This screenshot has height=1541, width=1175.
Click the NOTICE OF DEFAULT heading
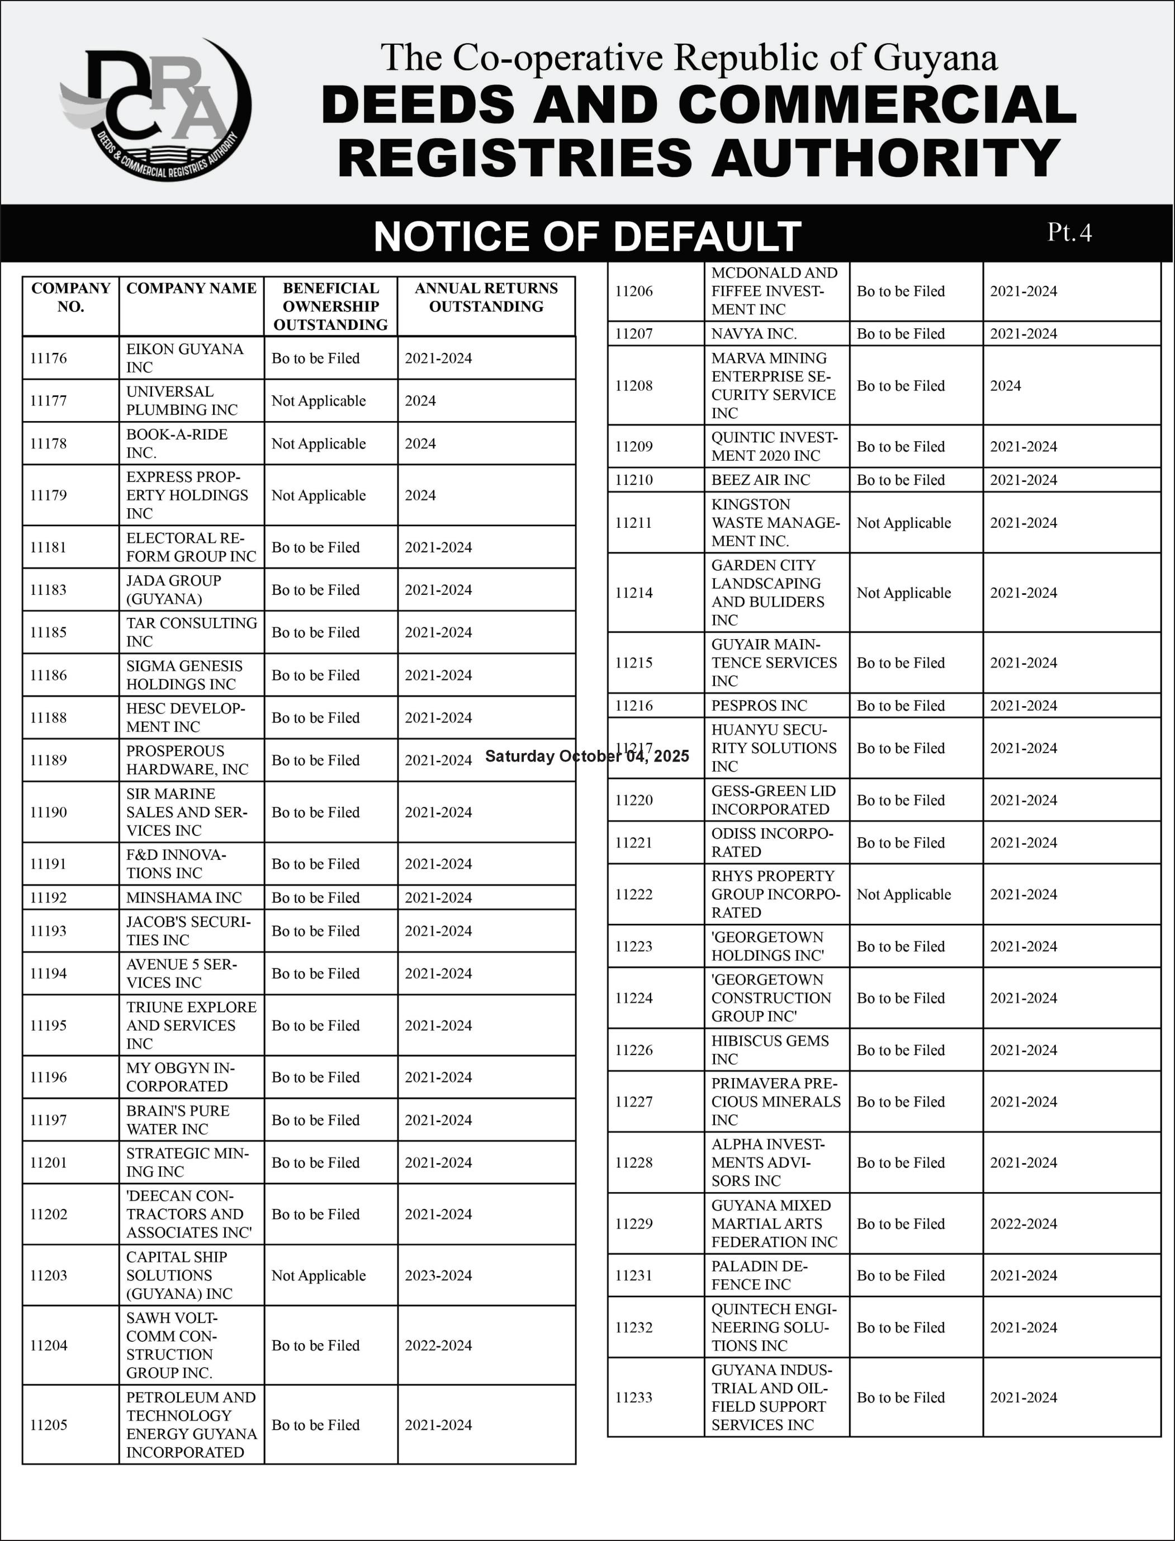tap(587, 236)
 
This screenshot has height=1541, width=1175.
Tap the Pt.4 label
tap(1069, 232)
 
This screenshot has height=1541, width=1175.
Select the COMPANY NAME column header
tap(191, 288)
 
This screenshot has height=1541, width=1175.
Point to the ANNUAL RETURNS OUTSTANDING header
tap(486, 297)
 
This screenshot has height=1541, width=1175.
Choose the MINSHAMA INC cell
tap(184, 897)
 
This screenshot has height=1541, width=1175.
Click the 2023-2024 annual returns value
tap(438, 1275)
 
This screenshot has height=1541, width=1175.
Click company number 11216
tap(634, 705)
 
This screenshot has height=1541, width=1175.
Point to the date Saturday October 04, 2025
tap(587, 756)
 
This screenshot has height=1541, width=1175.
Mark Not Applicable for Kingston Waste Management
tap(904, 523)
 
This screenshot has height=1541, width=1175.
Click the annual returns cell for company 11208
tap(1005, 385)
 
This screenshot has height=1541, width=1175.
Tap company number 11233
tap(634, 1398)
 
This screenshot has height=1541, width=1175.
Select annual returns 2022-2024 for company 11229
tap(1023, 1223)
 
